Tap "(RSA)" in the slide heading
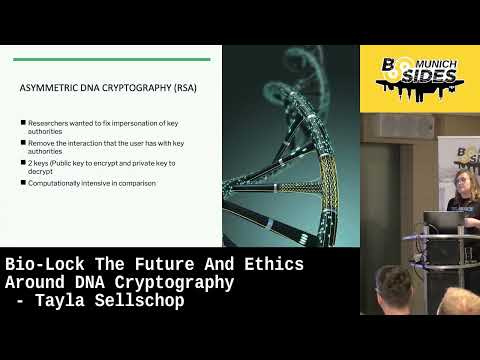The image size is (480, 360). [184, 88]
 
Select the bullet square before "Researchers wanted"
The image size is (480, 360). [22, 122]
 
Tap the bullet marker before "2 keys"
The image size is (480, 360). [22, 162]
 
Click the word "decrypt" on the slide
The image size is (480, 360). [42, 170]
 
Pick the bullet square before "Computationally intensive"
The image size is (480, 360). [22, 183]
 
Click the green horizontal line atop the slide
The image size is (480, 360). [120, 59]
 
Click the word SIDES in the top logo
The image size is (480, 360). [436, 77]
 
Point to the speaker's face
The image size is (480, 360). [466, 183]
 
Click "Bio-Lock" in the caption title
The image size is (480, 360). [40, 265]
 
